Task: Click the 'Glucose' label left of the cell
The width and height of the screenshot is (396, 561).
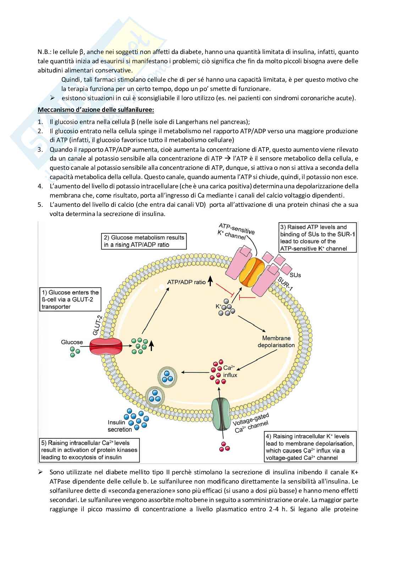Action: point(72,342)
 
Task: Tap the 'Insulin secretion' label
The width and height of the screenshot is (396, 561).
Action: point(120,426)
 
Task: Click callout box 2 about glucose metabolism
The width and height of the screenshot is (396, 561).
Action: point(144,241)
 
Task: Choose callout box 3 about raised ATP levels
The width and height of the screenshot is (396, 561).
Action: point(318,238)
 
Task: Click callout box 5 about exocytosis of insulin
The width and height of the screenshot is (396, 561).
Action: point(89,450)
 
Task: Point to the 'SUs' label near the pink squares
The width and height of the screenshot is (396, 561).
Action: point(295,275)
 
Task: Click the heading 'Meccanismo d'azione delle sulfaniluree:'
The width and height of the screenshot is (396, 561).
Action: point(96,109)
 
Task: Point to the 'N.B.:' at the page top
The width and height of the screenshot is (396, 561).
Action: point(44,52)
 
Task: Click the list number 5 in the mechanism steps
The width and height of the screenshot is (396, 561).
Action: point(40,205)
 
